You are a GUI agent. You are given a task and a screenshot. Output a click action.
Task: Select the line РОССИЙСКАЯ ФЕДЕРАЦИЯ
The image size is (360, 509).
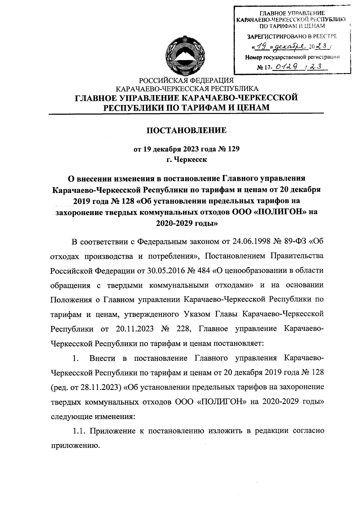click(185, 81)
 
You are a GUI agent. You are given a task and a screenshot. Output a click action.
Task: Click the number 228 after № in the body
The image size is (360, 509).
click(180, 329)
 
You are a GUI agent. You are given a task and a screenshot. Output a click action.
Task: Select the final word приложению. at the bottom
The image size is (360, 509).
click(74, 446)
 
